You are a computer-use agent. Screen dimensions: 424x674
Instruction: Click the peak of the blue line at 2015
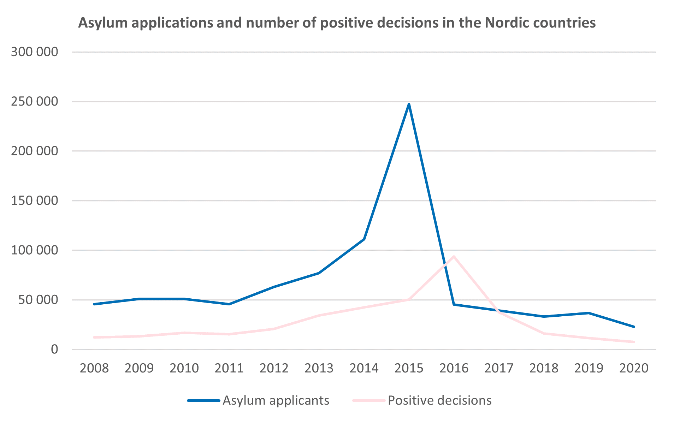coord(409,104)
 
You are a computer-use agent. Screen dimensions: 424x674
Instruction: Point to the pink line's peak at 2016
coord(454,256)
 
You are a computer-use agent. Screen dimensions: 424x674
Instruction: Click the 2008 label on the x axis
coord(94,368)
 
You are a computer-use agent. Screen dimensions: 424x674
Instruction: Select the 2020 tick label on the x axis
coord(634,368)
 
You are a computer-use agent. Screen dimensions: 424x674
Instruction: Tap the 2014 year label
coord(364,368)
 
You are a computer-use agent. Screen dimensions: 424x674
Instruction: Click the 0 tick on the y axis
coord(54,350)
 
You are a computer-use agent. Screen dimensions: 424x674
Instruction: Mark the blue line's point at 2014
coord(364,239)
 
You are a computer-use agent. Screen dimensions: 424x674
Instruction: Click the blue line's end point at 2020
coord(634,327)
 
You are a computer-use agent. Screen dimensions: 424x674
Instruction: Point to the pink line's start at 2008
coord(94,338)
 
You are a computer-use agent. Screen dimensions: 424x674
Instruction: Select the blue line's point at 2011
coord(229,304)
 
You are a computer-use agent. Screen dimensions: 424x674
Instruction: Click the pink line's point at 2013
coord(319,315)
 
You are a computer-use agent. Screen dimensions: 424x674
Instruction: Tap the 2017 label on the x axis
coord(499,368)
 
